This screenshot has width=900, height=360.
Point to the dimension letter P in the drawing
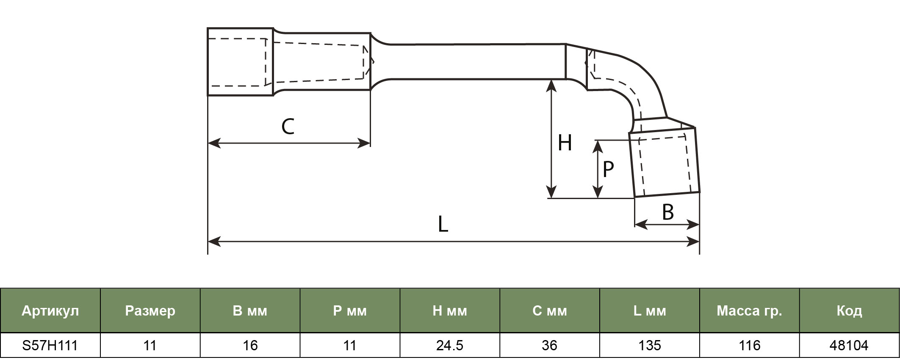(x=608, y=169)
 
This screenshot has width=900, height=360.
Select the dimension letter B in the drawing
(x=668, y=212)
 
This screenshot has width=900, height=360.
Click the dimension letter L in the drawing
(x=443, y=224)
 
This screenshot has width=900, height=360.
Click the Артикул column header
(x=50, y=311)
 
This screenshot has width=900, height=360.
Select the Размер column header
(x=150, y=311)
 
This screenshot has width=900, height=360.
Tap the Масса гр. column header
(x=750, y=311)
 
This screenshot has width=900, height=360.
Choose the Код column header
(x=850, y=311)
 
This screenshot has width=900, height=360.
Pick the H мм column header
(x=450, y=311)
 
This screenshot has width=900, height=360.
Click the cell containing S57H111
(x=50, y=346)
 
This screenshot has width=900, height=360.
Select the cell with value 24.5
(x=450, y=346)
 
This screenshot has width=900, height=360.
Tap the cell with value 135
(x=650, y=346)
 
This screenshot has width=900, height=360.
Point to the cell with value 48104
(x=850, y=346)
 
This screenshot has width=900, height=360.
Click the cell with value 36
(x=550, y=346)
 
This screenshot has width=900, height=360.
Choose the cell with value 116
(x=750, y=346)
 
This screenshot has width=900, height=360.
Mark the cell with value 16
(x=250, y=346)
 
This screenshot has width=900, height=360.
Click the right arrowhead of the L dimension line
(x=693, y=242)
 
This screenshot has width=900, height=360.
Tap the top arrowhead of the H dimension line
(x=551, y=86)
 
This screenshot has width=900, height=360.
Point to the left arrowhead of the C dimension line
(x=214, y=143)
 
